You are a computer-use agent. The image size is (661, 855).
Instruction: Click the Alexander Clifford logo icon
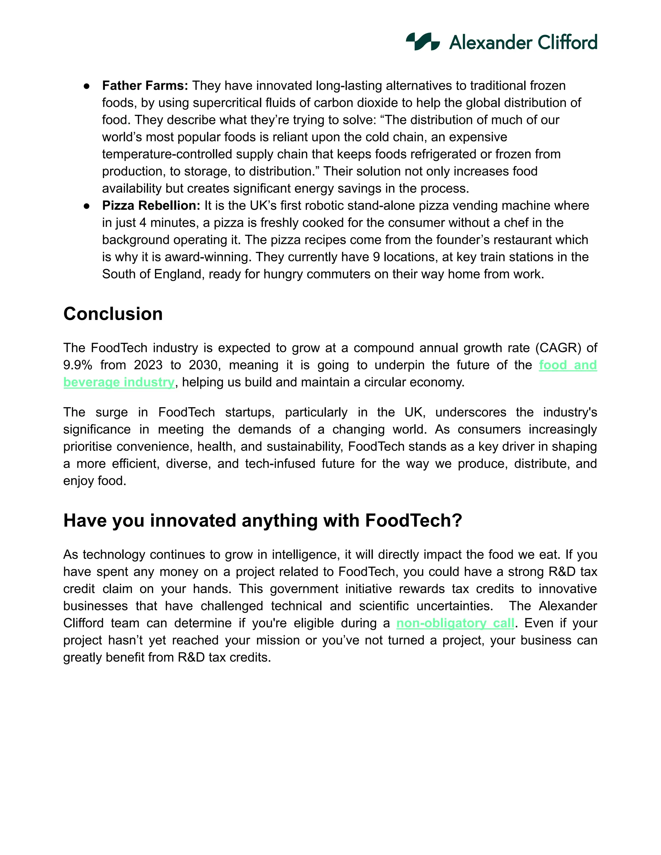422,42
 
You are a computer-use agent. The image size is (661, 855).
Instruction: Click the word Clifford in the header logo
567,42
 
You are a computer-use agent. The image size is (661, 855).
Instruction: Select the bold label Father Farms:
145,85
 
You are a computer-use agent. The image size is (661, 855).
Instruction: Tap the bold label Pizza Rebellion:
151,206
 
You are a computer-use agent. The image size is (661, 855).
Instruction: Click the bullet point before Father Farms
87,86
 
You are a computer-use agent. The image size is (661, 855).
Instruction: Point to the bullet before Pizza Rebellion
87,206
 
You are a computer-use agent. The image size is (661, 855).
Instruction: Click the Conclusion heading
113,314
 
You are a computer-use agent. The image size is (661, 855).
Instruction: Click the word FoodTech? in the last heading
413,521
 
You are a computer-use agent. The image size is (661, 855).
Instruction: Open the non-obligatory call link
455,623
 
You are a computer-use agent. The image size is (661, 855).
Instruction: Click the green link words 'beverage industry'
119,382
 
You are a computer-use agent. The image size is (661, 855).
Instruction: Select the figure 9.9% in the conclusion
77,365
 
